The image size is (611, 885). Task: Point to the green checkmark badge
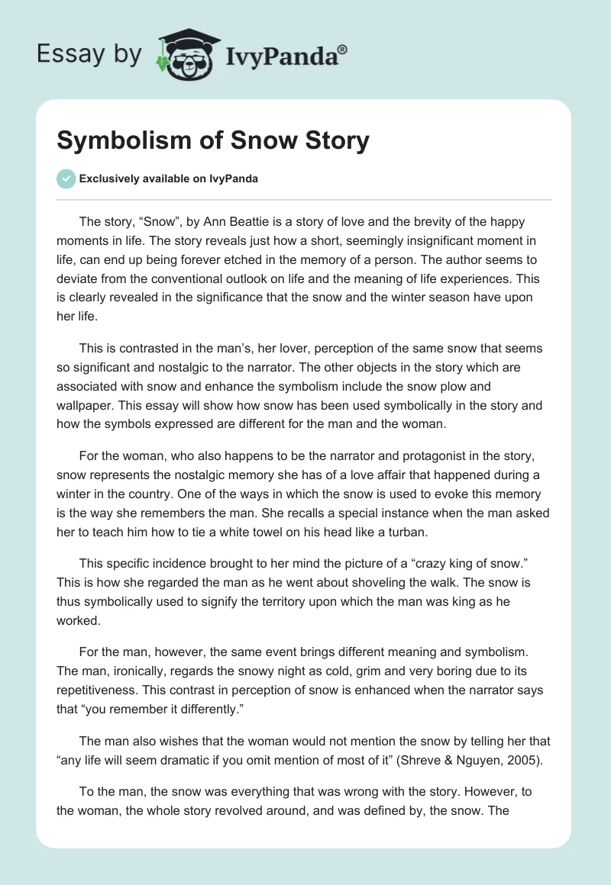66,179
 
